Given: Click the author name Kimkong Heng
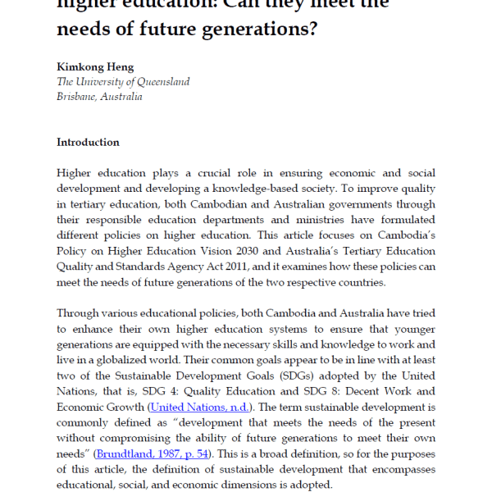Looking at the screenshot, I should [94, 66].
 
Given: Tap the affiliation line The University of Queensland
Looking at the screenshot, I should [123, 81].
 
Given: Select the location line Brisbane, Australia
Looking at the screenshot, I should [99, 96].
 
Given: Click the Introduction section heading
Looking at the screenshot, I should [88, 142].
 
